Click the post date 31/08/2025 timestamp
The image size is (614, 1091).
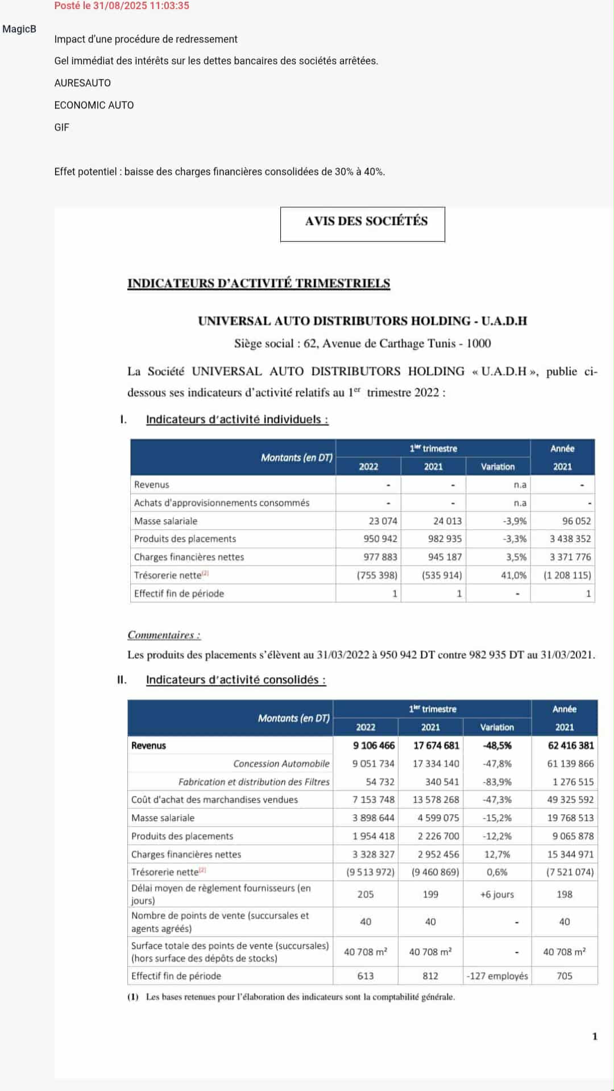coord(122,6)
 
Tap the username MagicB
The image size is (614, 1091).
coord(19,29)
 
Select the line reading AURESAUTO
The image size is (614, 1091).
coord(82,83)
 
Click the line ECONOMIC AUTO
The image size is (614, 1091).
coord(94,105)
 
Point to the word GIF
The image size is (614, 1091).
coord(61,127)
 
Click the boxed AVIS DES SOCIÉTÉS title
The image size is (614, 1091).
coord(366,221)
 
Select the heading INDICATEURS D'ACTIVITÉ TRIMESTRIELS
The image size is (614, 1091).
coord(259,283)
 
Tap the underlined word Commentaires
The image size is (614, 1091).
coord(164,635)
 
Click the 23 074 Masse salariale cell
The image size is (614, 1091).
coord(383,521)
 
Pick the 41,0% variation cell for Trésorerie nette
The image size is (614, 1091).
coord(513,575)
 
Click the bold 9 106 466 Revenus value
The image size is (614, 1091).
coord(374,745)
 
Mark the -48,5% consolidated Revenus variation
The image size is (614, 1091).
coord(497,745)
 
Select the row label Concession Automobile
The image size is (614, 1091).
coord(281,764)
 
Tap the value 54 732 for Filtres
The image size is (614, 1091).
coord(380,782)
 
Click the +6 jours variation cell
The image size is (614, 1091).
coord(497,894)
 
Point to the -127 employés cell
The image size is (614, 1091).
coord(497,976)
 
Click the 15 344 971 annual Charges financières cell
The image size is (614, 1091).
coord(570,854)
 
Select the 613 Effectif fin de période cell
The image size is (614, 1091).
coord(366,976)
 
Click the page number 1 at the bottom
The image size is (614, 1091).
coord(595,1036)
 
